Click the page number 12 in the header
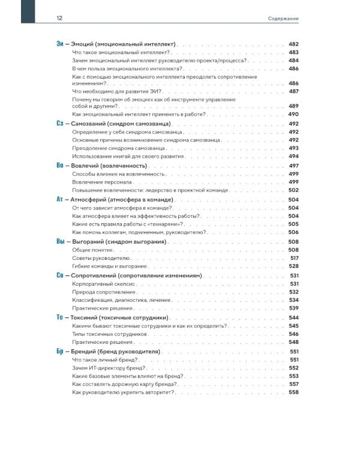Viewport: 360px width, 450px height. [x=59, y=19]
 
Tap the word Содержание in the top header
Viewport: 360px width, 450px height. [x=283, y=19]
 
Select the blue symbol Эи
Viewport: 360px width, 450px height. [x=59, y=44]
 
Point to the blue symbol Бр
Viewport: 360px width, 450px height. [x=59, y=351]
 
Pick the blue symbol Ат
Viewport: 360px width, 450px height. [x=59, y=199]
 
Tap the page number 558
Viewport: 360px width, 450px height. [x=293, y=392]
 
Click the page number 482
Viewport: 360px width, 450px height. [x=293, y=44]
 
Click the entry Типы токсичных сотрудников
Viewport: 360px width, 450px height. [x=109, y=334]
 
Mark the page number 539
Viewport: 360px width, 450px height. [x=293, y=308]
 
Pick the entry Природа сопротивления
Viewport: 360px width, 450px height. [x=102, y=292]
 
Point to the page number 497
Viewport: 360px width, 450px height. [x=293, y=165]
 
